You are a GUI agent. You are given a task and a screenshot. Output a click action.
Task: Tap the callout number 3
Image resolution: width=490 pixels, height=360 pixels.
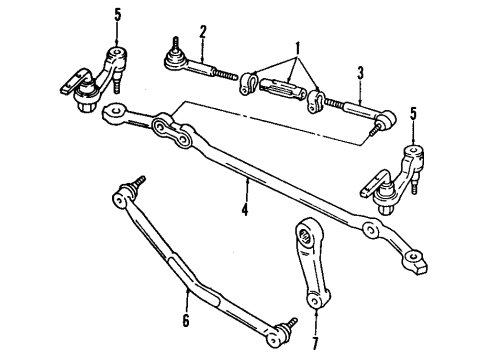pos(360,72)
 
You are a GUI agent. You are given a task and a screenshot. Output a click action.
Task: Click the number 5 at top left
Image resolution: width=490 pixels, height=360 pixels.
pos(117,13)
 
